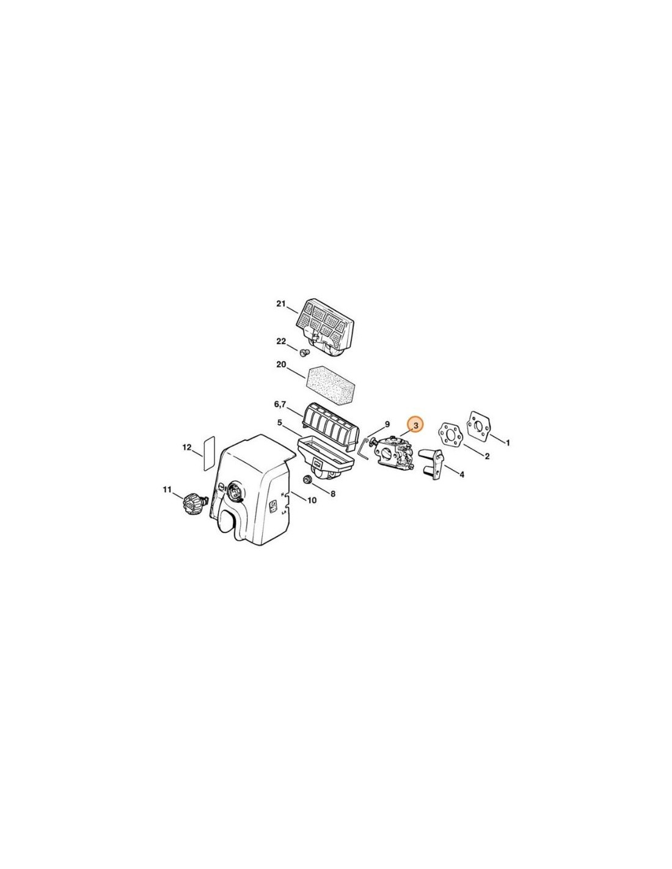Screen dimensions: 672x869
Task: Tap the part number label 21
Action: (x=281, y=304)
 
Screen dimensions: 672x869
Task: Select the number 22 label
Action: (x=282, y=341)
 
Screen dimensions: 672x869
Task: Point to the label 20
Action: (x=282, y=364)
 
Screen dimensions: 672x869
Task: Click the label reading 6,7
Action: (x=280, y=405)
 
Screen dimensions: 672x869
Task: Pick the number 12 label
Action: (x=187, y=447)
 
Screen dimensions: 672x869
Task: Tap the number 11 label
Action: (x=167, y=489)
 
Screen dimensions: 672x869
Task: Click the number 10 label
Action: (x=312, y=500)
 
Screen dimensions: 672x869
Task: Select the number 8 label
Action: (x=332, y=494)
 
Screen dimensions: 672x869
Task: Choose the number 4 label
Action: (x=462, y=475)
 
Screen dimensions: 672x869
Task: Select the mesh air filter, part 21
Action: (x=324, y=327)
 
